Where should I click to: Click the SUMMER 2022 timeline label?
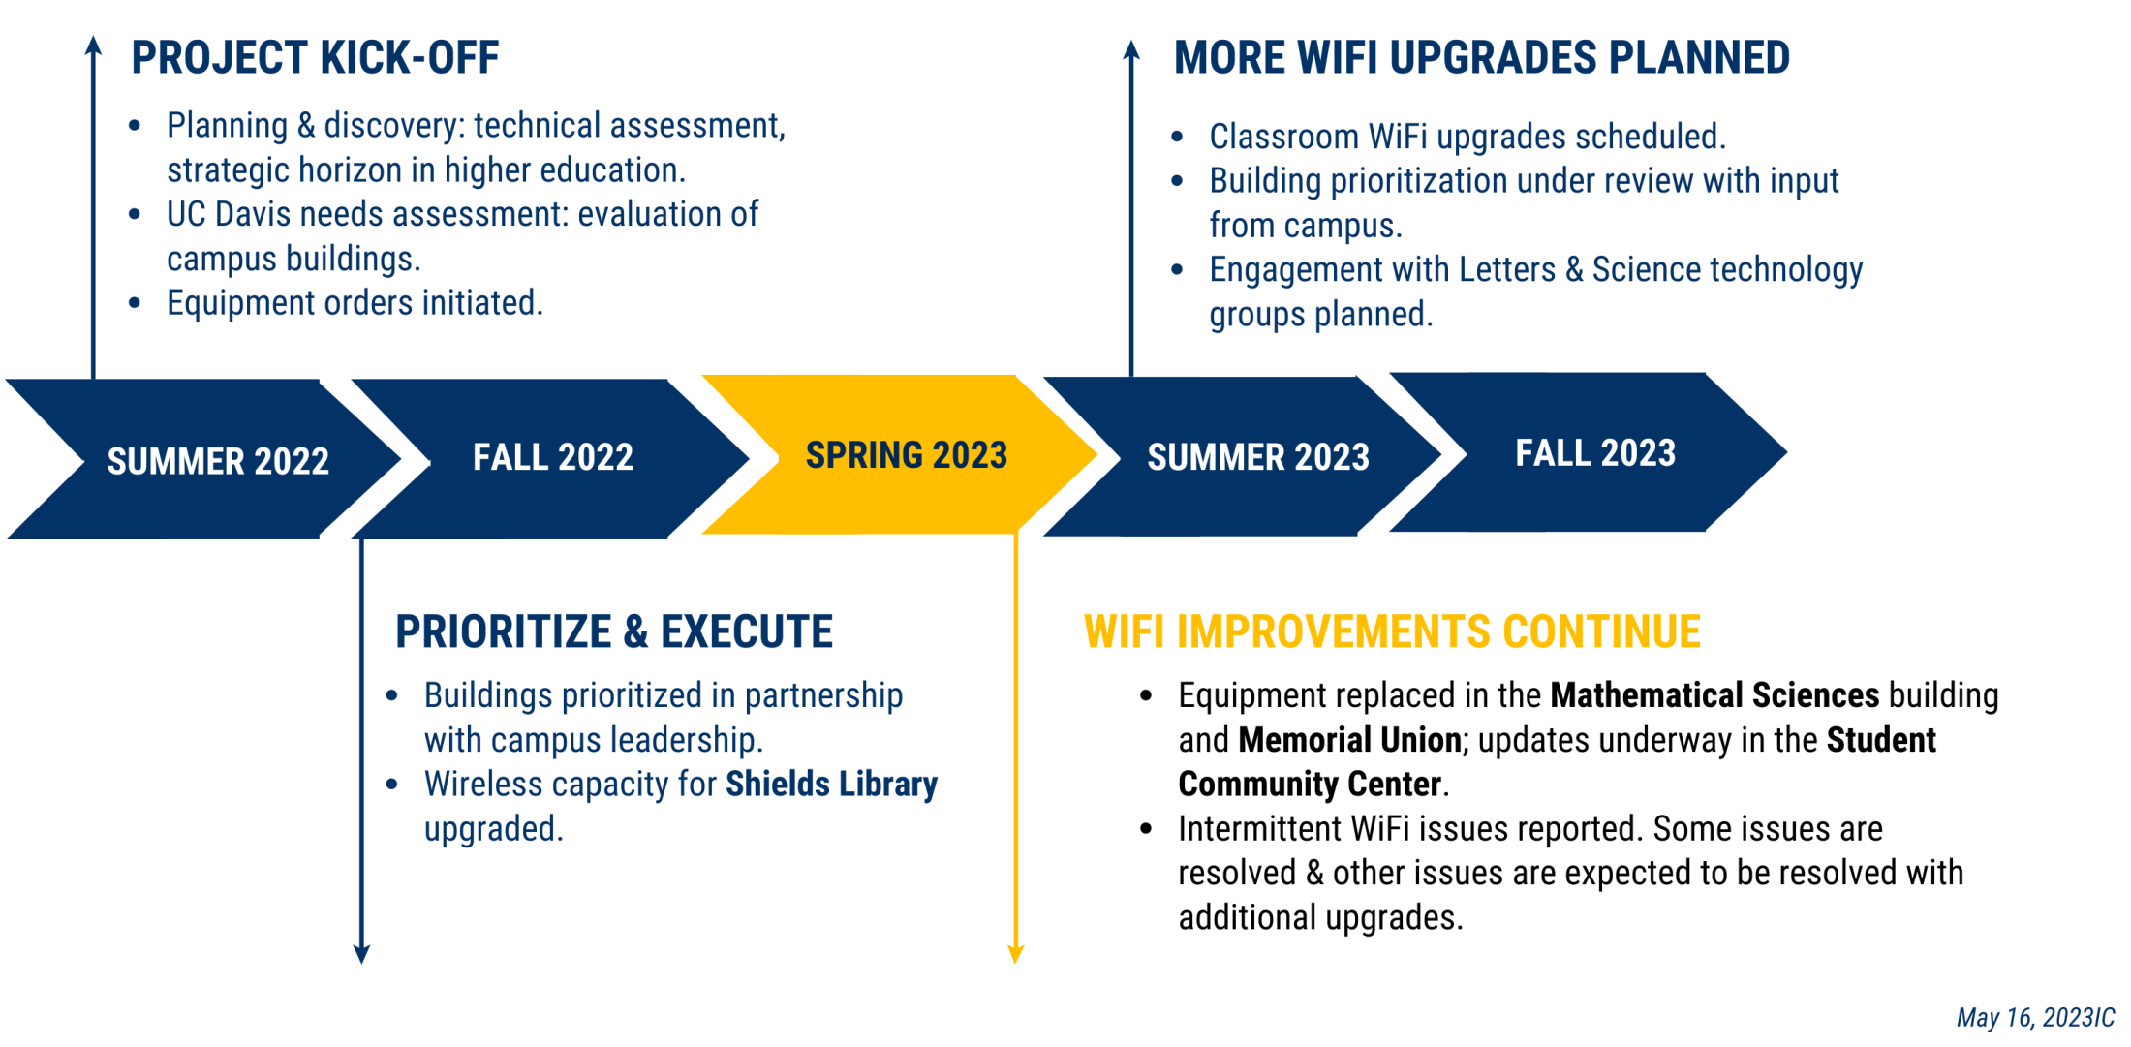tap(218, 461)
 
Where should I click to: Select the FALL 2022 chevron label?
tap(553, 457)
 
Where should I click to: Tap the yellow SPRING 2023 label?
tap(907, 455)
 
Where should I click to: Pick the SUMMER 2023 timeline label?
tap(1258, 457)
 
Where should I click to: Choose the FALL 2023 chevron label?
tap(1595, 453)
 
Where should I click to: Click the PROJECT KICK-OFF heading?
tap(316, 58)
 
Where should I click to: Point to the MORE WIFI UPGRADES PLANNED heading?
tap(1482, 58)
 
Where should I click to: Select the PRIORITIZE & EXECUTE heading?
tap(614, 631)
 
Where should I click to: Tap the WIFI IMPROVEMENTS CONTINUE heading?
tap(1392, 631)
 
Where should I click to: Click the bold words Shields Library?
tap(832, 784)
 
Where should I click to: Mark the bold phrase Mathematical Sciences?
tap(1714, 695)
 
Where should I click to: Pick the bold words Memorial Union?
tap(1349, 740)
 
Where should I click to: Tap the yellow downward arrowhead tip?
tap(1016, 963)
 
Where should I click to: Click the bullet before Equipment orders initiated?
tap(135, 303)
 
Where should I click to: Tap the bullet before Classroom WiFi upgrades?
tap(1177, 137)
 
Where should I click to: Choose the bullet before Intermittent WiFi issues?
tap(1146, 829)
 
